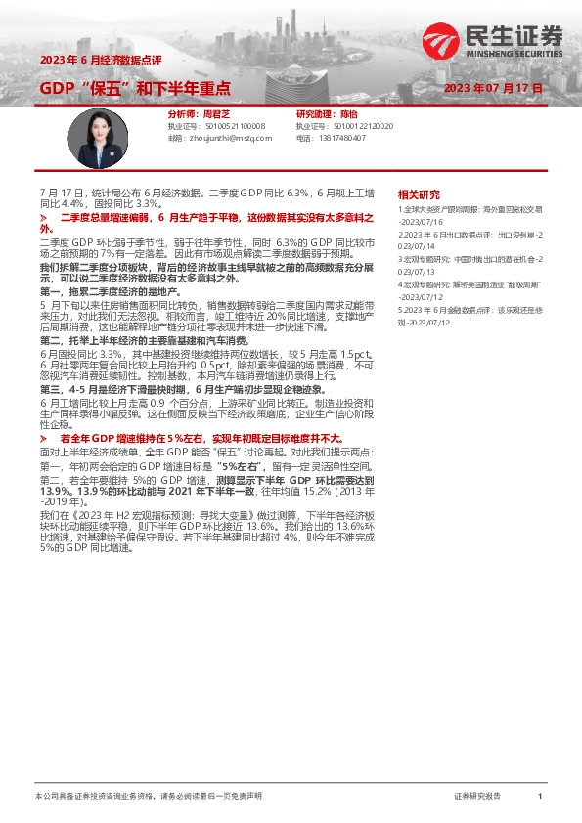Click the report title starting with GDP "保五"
pos(134,88)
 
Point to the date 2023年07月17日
pos(493,88)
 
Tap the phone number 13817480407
pos(343,139)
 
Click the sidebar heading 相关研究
pos(419,195)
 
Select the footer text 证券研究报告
pos(476,797)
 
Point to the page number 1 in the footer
pos(540,797)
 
